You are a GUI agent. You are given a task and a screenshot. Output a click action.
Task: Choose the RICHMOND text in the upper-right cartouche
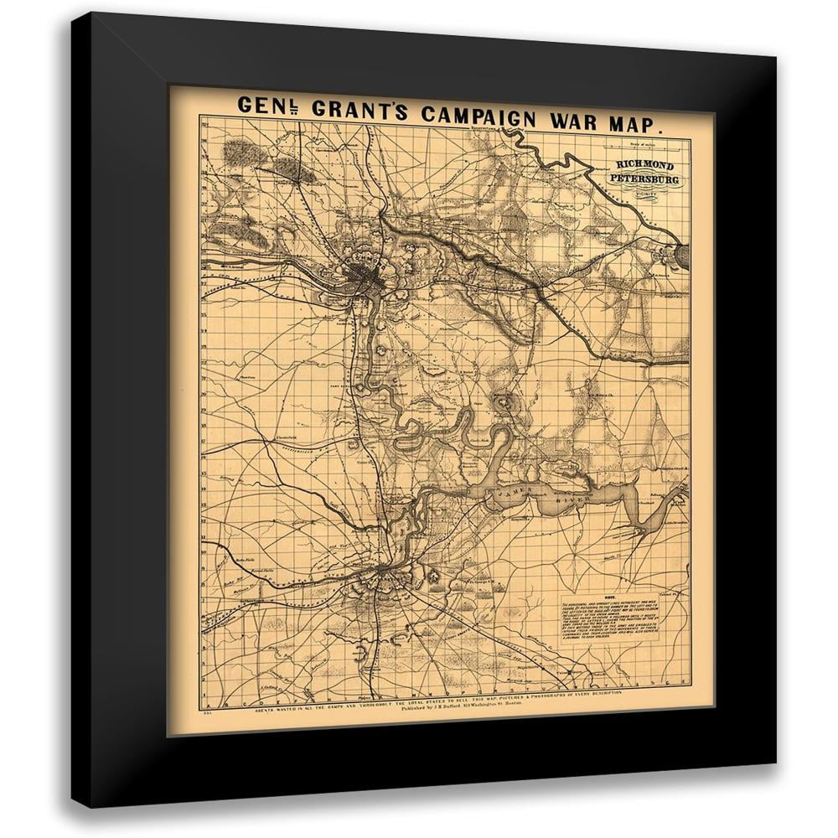pos(645,166)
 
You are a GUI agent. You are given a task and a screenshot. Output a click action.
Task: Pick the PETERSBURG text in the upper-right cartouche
pos(645,179)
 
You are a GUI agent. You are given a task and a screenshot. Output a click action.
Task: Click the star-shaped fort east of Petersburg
pos(433,577)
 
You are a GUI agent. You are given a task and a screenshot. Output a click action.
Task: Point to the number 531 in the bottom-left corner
pos(207,711)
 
